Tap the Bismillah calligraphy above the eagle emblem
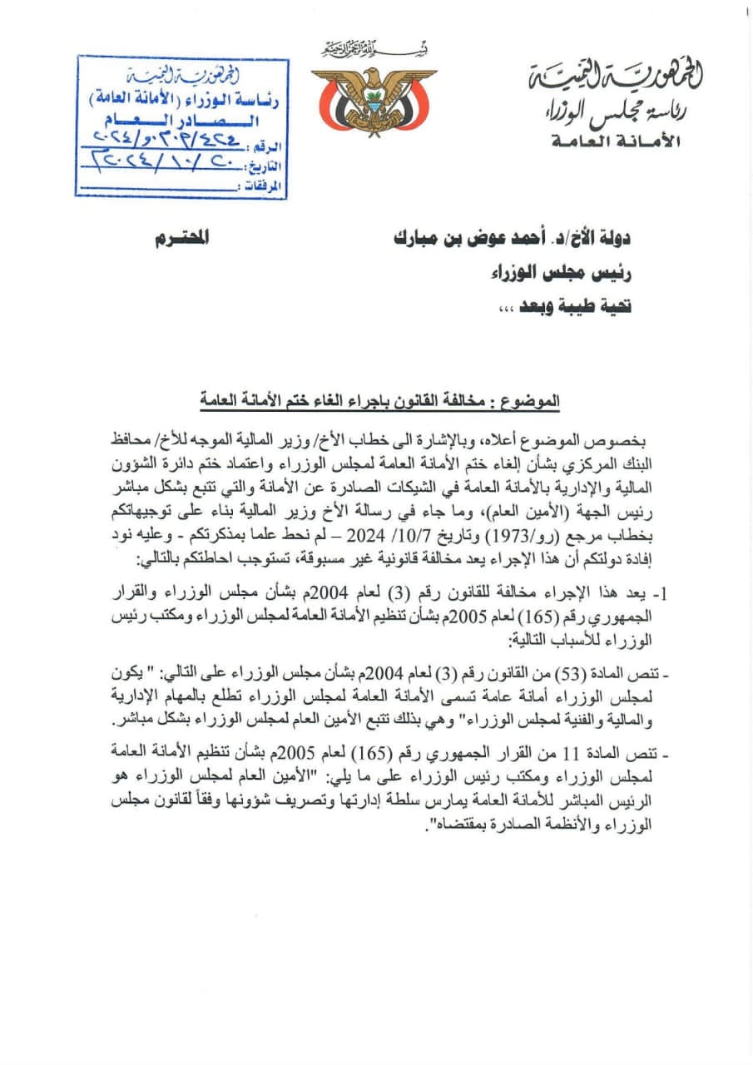(374, 49)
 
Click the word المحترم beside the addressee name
(182, 240)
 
